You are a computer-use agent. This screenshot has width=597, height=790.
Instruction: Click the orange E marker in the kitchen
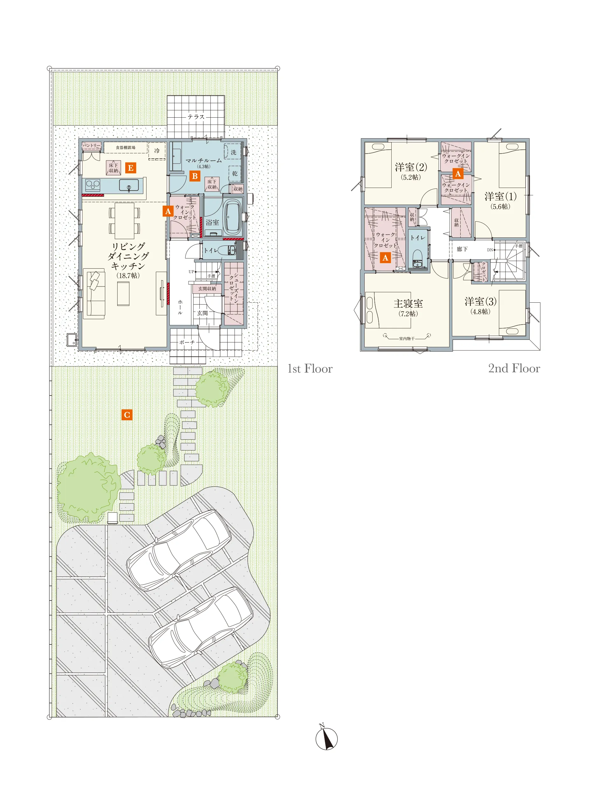130,168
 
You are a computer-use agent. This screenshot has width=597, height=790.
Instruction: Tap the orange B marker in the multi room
195,176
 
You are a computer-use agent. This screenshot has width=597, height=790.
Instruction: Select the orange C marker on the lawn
127,415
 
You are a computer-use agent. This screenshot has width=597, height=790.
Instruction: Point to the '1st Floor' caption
310,368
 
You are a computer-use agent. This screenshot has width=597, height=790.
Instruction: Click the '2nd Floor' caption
514,368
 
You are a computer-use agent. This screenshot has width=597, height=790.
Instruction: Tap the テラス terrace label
196,117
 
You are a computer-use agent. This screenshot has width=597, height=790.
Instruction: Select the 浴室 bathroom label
212,223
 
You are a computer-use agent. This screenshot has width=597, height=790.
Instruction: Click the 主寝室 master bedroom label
408,304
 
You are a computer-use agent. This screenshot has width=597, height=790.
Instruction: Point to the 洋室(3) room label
480,301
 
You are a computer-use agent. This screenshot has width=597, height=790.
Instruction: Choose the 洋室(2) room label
411,167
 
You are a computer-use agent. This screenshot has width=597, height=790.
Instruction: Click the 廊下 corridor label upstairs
462,249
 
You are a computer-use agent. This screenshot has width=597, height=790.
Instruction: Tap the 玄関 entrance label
202,313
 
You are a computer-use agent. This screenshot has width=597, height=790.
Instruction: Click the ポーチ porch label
187,342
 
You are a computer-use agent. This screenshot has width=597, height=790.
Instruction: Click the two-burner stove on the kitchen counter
93,185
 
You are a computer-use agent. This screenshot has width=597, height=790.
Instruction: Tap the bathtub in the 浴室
233,216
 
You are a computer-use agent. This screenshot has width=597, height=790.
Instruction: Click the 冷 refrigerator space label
157,151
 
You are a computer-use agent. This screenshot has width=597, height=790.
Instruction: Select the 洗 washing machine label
234,152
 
